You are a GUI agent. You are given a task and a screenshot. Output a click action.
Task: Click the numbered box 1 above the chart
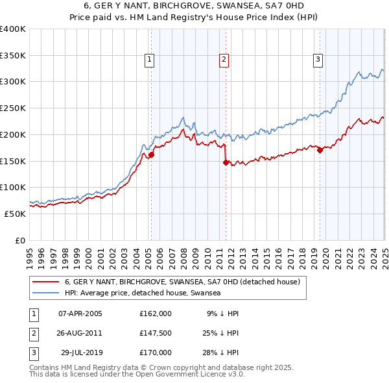point(150,60)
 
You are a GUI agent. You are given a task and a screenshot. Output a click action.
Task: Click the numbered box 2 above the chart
point(224,60)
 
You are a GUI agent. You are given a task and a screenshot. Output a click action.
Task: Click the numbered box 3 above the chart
point(318,60)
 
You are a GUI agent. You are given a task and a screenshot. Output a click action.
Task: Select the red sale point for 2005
point(151,155)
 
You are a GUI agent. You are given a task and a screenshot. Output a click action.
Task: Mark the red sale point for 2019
point(320,151)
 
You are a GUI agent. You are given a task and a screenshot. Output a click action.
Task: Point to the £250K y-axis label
point(13,108)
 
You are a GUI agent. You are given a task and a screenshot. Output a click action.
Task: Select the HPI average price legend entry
point(143,293)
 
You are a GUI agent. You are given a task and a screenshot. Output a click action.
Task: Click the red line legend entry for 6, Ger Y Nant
point(182,282)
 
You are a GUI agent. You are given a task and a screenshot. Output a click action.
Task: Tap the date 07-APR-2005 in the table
point(80,314)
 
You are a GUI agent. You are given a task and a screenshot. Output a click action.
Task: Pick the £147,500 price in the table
point(156,333)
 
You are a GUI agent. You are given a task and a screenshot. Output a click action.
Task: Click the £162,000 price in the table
point(156,314)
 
